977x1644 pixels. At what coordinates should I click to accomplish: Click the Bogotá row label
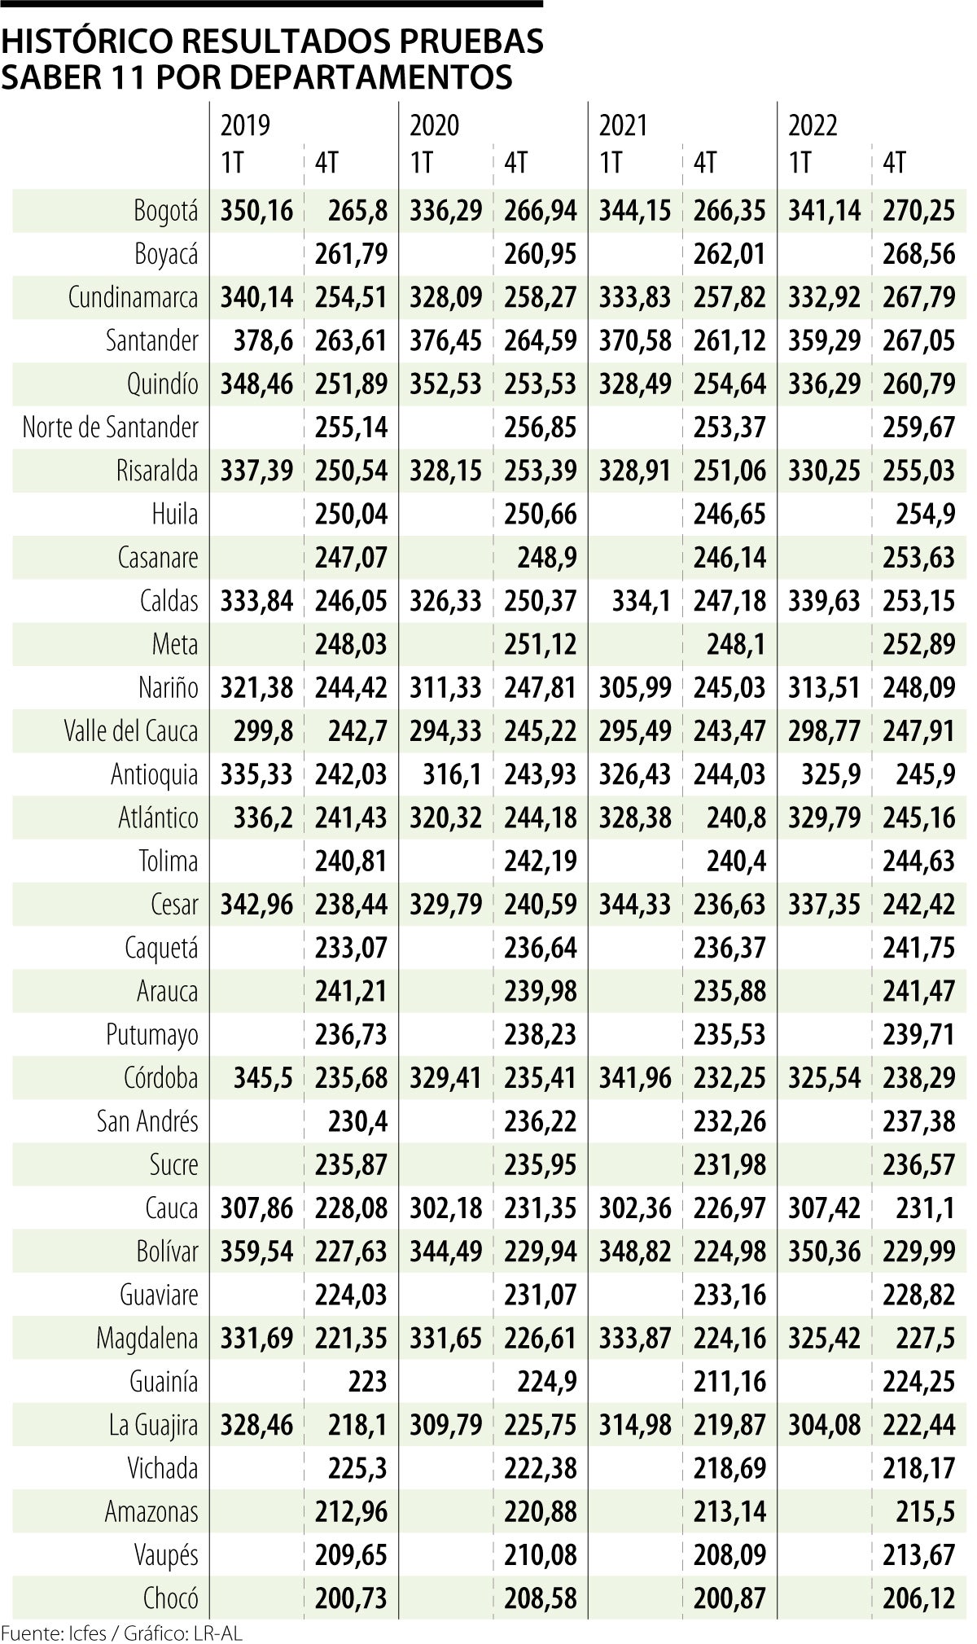165,211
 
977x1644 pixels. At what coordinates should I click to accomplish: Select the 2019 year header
245,125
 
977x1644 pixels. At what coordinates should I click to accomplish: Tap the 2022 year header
813,125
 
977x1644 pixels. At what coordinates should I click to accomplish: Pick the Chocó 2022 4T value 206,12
918,1598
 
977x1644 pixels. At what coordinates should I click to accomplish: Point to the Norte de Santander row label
110,427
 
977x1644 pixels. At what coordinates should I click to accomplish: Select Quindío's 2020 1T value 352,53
446,384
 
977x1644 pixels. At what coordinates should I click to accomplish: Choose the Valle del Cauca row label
131,730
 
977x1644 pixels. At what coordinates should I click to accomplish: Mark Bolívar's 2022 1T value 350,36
824,1251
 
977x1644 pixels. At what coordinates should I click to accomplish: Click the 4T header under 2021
705,164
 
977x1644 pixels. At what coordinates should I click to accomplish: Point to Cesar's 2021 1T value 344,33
635,904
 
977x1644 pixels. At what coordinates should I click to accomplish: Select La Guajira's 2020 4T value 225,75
541,1424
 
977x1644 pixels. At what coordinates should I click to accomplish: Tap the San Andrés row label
147,1121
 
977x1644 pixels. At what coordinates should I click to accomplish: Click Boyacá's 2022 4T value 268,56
918,254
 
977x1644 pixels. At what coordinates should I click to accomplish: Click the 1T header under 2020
421,164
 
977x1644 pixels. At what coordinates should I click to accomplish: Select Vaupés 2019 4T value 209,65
352,1554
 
